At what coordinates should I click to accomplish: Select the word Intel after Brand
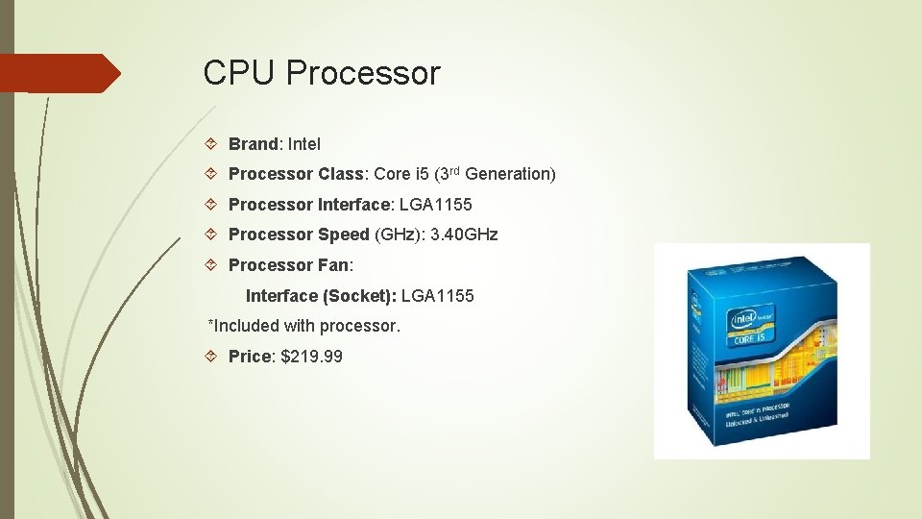304,144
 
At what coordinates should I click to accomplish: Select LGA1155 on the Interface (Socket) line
438,296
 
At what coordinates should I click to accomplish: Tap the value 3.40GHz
465,235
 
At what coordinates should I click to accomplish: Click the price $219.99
311,357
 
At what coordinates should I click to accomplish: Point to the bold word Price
251,357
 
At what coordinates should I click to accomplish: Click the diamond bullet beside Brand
213,144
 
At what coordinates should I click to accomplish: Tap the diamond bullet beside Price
213,357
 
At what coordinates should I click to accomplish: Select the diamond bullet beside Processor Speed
213,235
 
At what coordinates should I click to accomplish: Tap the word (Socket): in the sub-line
362,296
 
